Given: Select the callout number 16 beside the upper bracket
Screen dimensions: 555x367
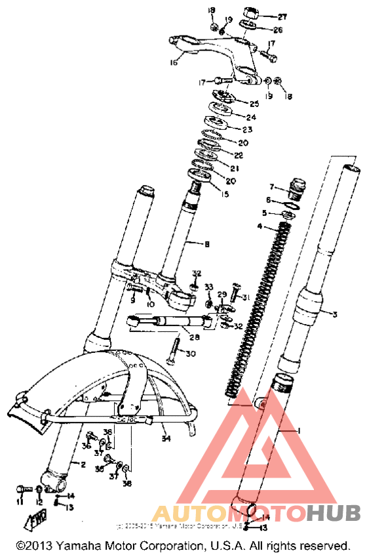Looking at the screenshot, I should (x=174, y=63).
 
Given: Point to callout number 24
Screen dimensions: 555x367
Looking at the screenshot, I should (x=251, y=117).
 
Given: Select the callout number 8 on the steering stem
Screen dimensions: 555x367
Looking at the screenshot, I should (x=206, y=245).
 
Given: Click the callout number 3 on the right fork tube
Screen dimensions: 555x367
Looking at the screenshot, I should (x=334, y=315).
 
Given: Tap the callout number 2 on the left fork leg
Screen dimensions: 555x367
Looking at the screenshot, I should (x=83, y=464).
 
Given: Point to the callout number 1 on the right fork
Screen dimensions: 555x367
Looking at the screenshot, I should (x=298, y=430).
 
